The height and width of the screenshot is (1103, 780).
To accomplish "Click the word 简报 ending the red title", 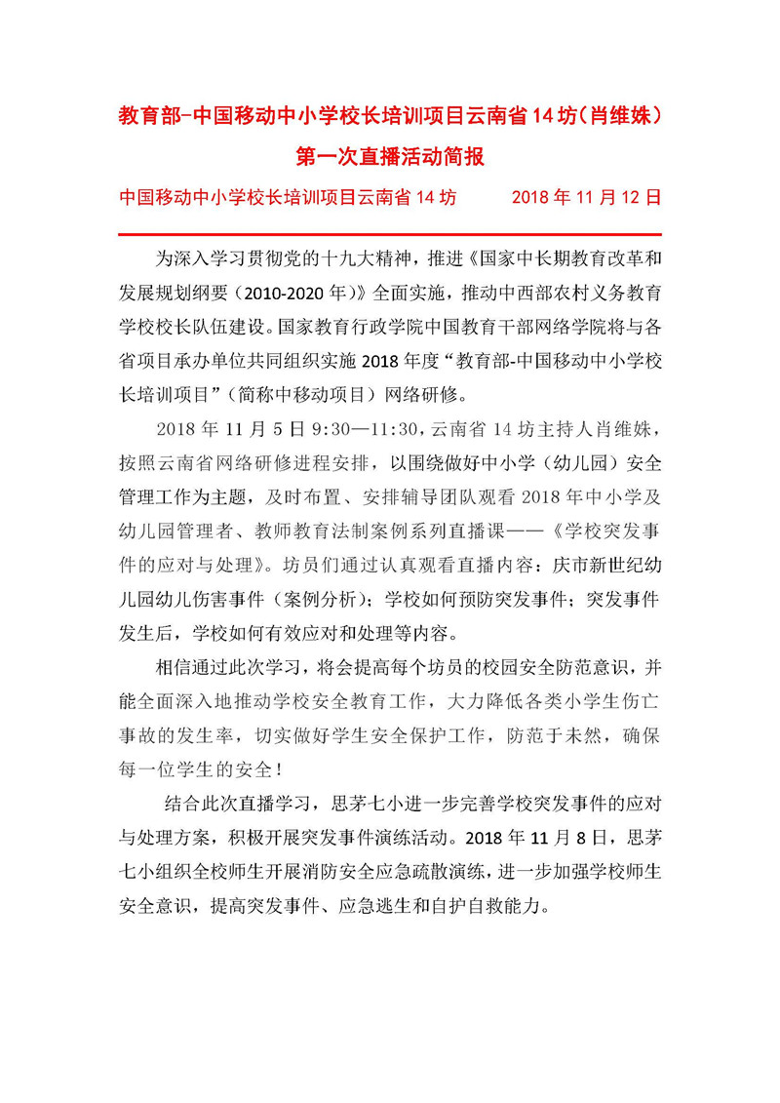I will coord(465,156).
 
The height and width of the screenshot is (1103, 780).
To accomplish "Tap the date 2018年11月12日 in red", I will coord(586,196).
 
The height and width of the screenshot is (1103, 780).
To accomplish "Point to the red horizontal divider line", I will coord(390,235).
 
